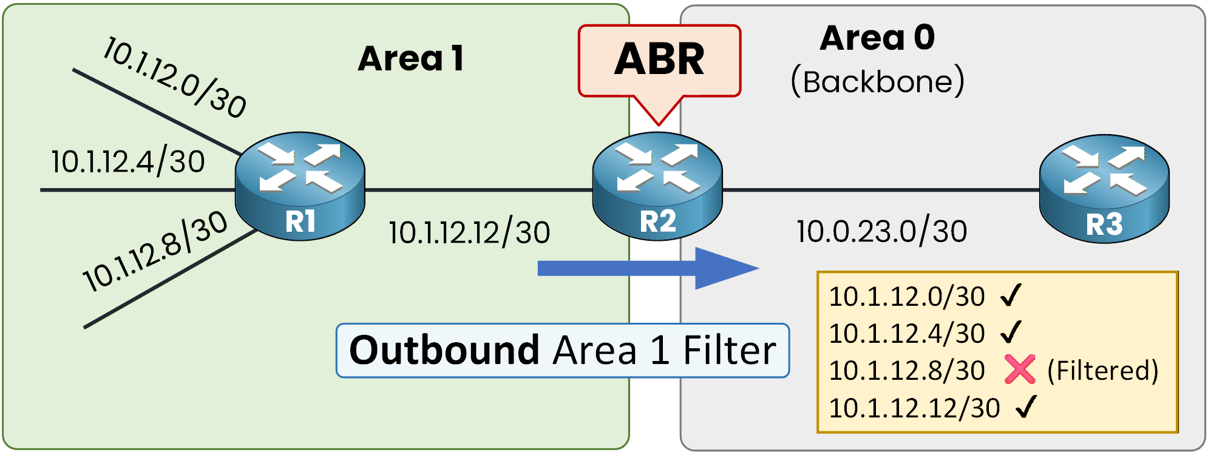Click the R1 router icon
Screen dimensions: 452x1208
point(300,186)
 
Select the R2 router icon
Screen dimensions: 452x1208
point(657,186)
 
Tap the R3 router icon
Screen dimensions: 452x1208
point(1104,188)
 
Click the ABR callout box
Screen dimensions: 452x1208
point(659,61)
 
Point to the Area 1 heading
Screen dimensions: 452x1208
point(411,59)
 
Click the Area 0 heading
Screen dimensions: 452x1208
point(877,38)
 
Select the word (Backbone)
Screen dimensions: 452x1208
point(877,81)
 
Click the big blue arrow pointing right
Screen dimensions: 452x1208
point(647,268)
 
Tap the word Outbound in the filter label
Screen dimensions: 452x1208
point(444,351)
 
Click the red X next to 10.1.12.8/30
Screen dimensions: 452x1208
point(1020,369)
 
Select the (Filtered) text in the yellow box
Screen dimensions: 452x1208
point(1103,371)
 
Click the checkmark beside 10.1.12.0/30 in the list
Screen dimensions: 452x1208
point(1011,295)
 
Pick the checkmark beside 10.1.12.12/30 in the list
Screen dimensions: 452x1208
point(1026,407)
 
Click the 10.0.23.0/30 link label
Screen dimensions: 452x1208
point(881,232)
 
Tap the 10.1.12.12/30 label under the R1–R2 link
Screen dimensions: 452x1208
point(469,233)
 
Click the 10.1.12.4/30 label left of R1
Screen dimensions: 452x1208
point(128,162)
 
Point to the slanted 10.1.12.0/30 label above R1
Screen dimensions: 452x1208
point(175,76)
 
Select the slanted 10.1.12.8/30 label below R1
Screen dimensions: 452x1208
point(155,251)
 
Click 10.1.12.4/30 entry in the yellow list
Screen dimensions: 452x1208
point(906,333)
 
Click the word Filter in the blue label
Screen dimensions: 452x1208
point(729,351)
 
